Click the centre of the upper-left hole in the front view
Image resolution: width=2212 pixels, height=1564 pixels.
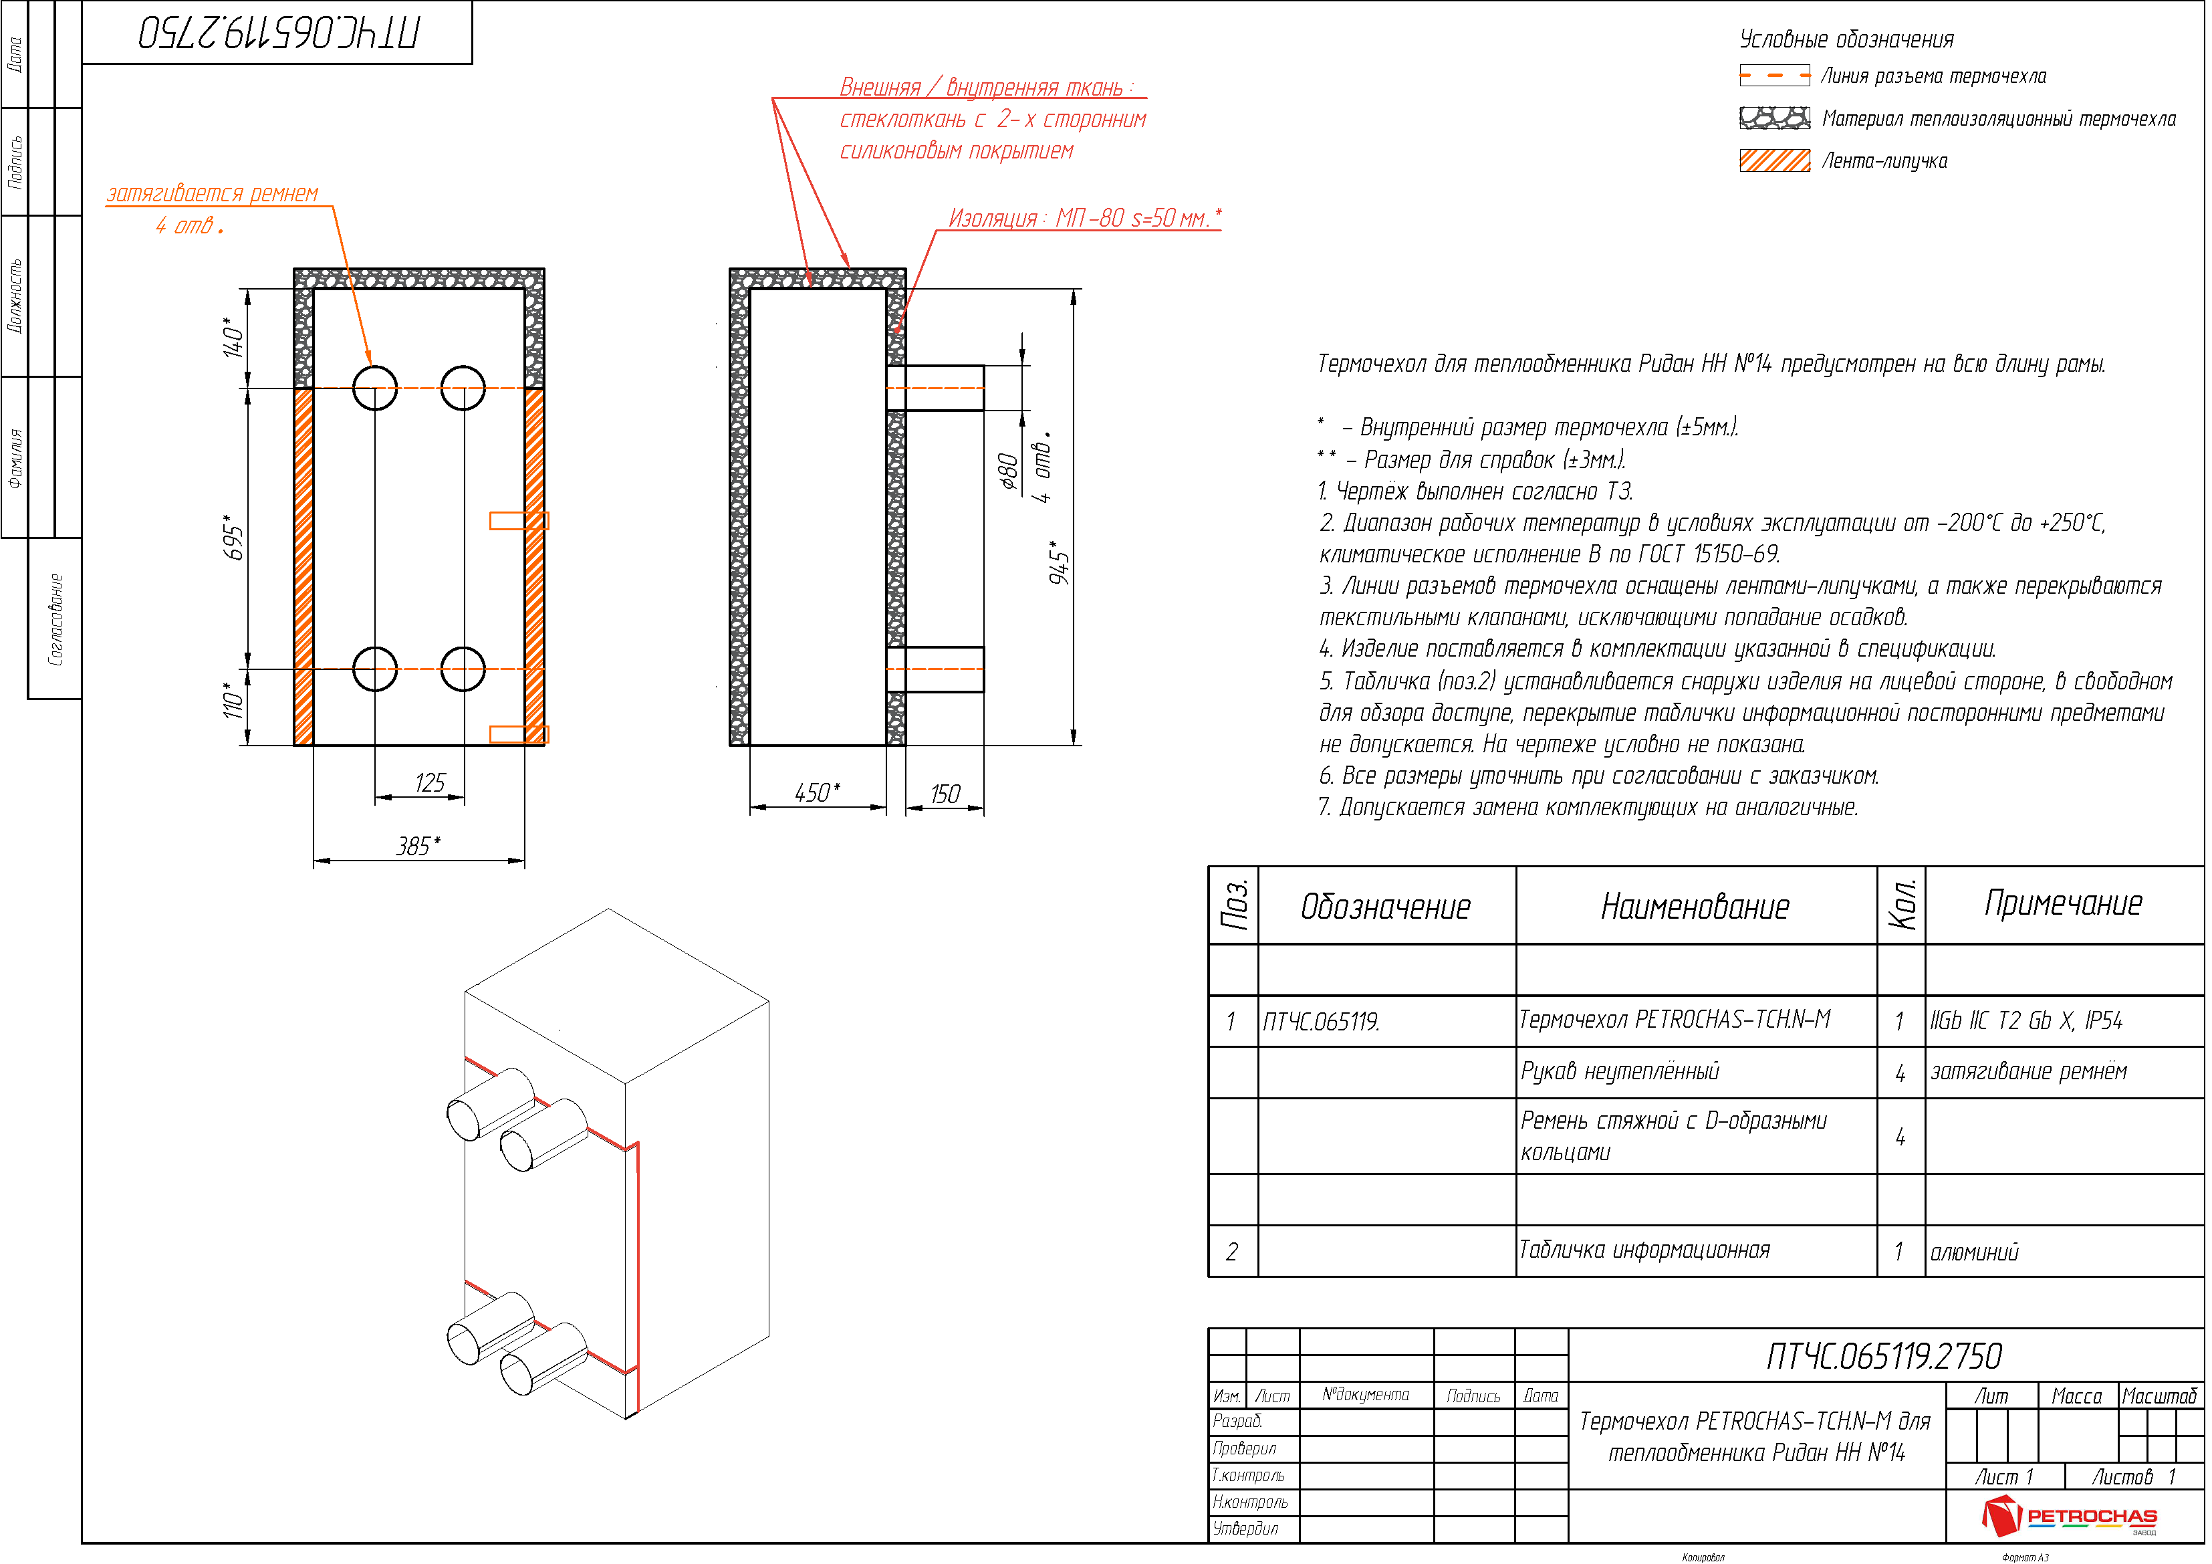point(376,388)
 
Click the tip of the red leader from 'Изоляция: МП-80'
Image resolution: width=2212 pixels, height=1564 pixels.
point(895,334)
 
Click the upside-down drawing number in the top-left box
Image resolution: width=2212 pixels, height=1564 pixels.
point(280,33)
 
